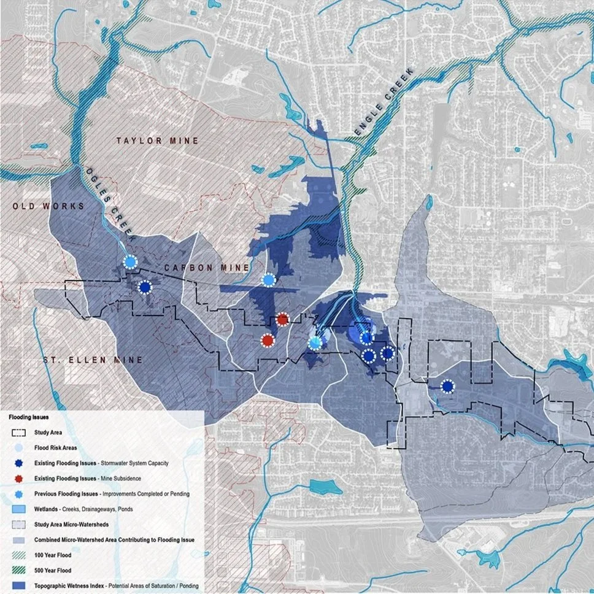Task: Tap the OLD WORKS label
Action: [48, 206]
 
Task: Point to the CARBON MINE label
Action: [207, 268]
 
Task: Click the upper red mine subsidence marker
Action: [282, 319]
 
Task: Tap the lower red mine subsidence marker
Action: [268, 340]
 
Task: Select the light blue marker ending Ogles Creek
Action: [130, 263]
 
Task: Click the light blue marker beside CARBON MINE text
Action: [269, 280]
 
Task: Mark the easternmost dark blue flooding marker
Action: [448, 386]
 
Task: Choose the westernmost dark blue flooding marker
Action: [145, 287]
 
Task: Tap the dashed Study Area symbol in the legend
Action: [18, 433]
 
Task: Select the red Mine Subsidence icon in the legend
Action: [18, 478]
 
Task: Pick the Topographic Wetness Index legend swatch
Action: [18, 586]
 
